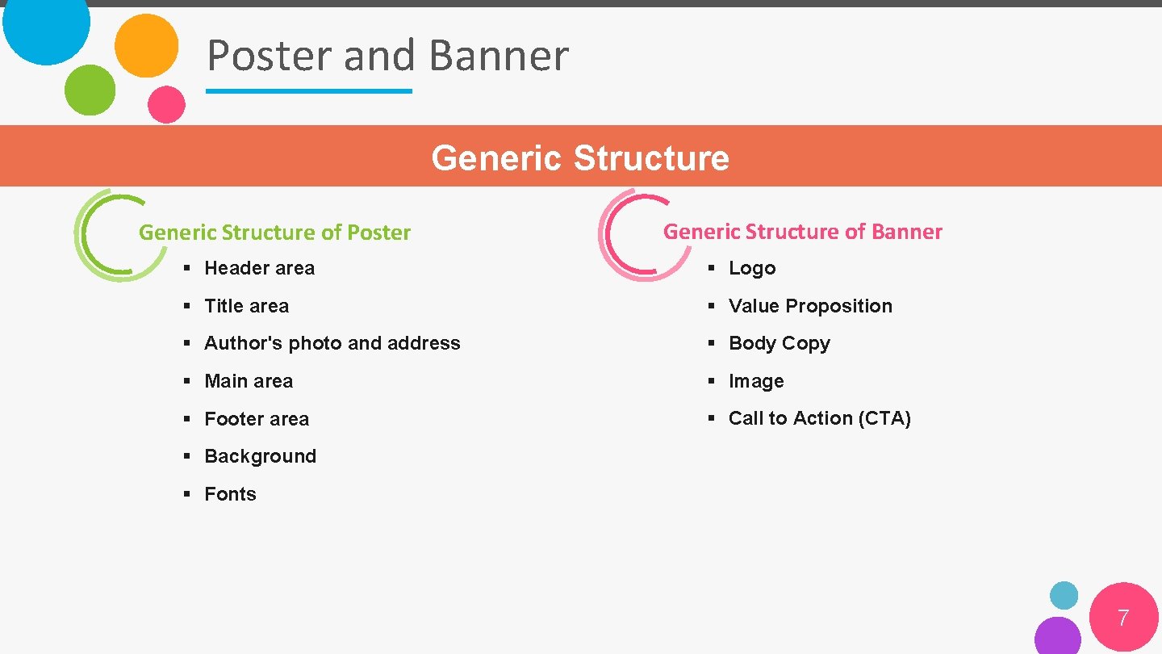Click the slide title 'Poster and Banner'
(x=387, y=56)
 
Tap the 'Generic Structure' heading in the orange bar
(x=580, y=157)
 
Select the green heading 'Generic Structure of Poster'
(x=274, y=233)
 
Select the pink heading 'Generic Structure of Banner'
(x=802, y=232)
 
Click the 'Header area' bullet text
(x=259, y=268)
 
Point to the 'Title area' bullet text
(x=246, y=306)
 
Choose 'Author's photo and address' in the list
(x=332, y=343)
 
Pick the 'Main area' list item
(x=249, y=381)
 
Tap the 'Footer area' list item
(x=257, y=419)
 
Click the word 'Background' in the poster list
(x=260, y=456)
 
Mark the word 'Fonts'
(x=230, y=494)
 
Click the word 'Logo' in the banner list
(x=751, y=268)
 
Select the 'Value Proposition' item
(x=810, y=306)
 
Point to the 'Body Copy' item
(x=779, y=343)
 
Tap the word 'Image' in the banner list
(x=756, y=381)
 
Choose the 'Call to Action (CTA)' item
(x=819, y=418)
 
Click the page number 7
(x=1122, y=618)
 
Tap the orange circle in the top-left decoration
(x=146, y=45)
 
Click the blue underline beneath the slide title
(x=309, y=91)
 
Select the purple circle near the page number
(x=1057, y=636)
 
